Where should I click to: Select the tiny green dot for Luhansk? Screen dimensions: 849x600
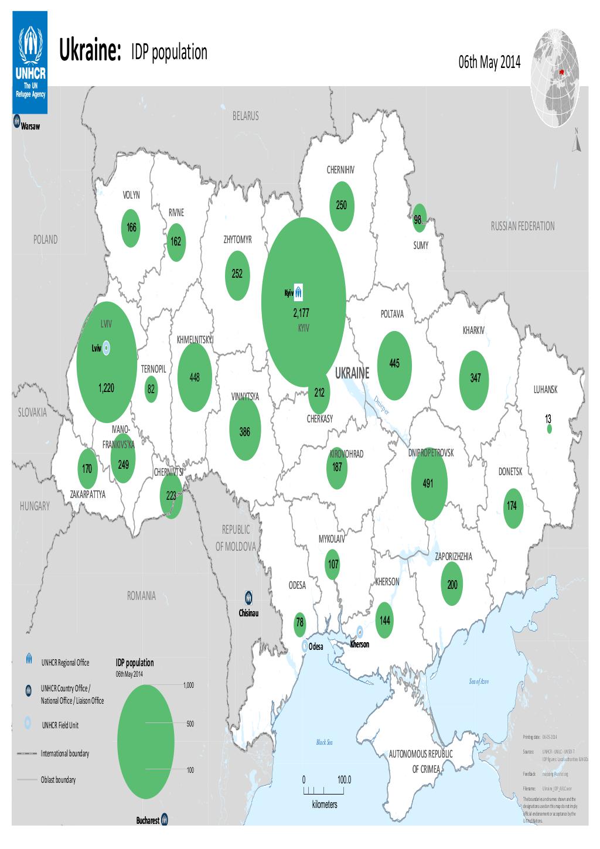click(x=549, y=429)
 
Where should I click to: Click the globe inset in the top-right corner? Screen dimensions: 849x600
click(x=554, y=76)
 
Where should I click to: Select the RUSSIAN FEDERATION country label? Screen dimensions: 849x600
click(x=522, y=226)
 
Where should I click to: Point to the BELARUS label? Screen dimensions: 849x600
click(x=245, y=116)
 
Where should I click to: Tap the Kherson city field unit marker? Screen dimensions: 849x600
click(x=359, y=632)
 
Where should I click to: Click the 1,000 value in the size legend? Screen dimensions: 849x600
click(x=188, y=685)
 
